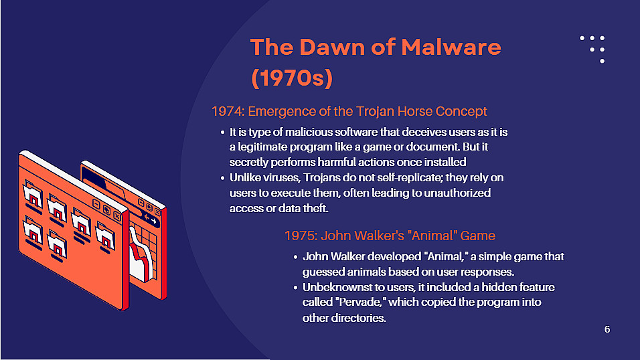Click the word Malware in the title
tap(451, 47)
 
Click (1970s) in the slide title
tap(292, 78)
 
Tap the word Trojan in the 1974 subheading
tap(375, 111)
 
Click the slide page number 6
tap(607, 329)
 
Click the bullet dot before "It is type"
tap(222, 132)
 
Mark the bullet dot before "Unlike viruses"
tap(222, 178)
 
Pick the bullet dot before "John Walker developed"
tap(295, 257)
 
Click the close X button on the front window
tap(117, 216)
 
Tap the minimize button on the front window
tap(96, 204)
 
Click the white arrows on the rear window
tap(151, 219)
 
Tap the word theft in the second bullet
tap(317, 208)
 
